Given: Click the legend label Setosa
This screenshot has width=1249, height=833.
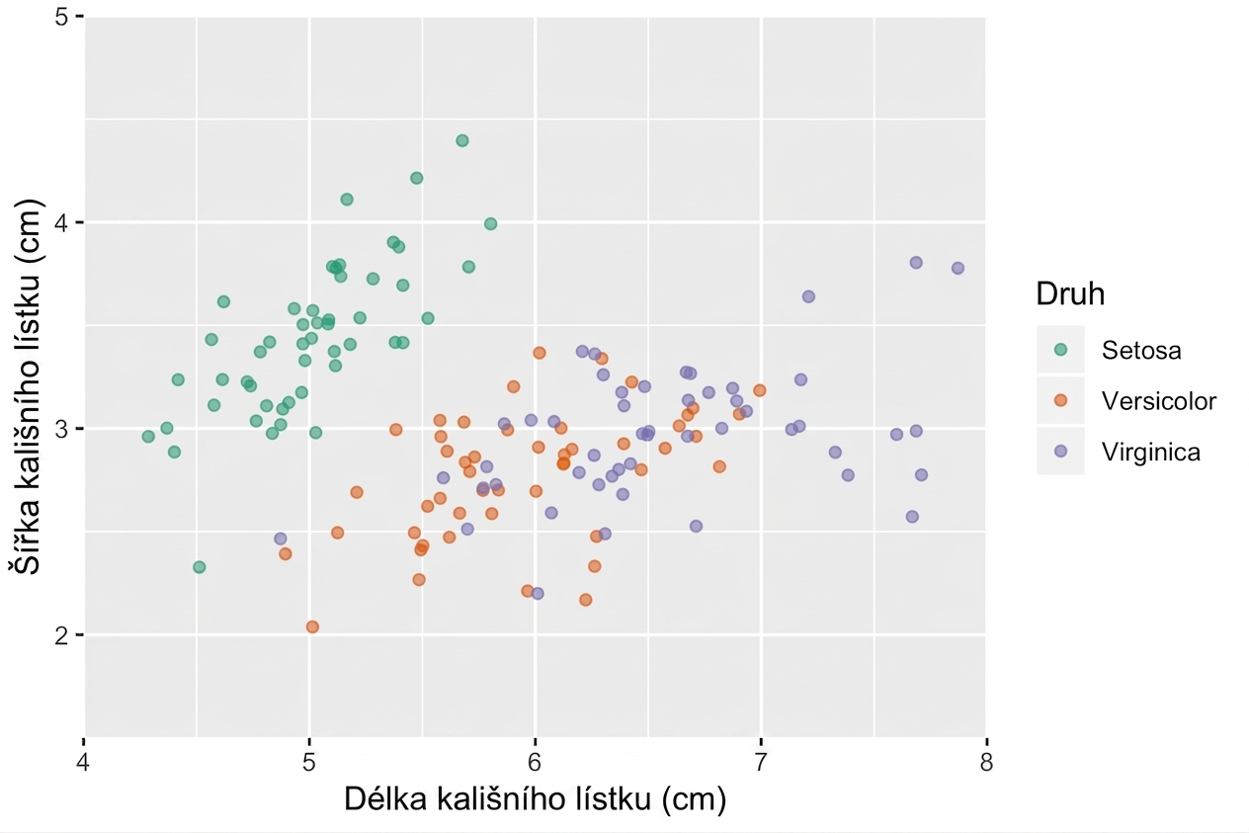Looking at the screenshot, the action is pos(1141,350).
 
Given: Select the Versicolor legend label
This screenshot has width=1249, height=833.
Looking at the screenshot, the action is pos(1159,401).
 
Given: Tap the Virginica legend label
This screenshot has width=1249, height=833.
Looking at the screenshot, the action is pos(1151,452).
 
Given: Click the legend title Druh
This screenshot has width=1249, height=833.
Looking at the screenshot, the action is pos(1070,293).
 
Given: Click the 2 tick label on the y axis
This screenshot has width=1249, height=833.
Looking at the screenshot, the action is pos(61,634).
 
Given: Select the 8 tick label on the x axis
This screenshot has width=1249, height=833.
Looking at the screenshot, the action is pos(986,762).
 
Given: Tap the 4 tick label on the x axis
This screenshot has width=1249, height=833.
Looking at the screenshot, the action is pos(84,762).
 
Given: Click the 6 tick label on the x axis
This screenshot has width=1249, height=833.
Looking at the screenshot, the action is pos(535,762).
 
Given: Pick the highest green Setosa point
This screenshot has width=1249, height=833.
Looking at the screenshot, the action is pos(462,140).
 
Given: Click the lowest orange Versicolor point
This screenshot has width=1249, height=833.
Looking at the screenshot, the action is pos(312,626).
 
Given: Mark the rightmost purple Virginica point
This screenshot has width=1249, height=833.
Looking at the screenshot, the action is pos(958,268).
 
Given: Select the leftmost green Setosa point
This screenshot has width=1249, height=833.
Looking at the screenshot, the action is pos(148,437).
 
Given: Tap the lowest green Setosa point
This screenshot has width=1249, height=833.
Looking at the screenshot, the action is pos(199,567).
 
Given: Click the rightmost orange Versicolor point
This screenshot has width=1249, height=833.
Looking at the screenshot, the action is pos(760,390).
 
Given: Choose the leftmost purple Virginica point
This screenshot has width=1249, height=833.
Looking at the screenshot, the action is pos(281,539).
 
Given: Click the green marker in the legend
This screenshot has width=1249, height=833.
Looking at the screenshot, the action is pos(1060,350).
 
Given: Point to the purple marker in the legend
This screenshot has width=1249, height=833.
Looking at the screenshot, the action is pos(1060,451).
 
